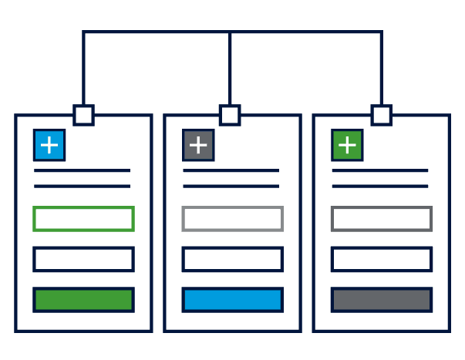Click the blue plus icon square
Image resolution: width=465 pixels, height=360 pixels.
(x=49, y=144)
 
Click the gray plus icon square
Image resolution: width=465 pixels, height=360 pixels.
(x=198, y=144)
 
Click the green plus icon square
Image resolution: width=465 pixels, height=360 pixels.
(x=347, y=144)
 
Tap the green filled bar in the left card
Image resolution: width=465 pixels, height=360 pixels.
(x=83, y=300)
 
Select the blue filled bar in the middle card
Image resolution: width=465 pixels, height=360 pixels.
(x=232, y=300)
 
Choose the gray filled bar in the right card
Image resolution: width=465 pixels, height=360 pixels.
(x=381, y=300)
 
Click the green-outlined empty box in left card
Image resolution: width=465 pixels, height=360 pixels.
(x=83, y=219)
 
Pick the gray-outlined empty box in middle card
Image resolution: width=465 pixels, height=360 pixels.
(x=232, y=219)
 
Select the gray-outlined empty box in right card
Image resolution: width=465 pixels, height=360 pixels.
(x=381, y=219)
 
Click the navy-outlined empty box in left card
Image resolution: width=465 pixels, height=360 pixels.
(x=83, y=259)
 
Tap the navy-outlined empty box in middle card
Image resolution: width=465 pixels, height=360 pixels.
(x=232, y=259)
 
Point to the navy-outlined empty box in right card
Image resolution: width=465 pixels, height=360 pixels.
(x=381, y=259)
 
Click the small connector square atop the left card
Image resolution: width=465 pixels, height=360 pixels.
(x=83, y=116)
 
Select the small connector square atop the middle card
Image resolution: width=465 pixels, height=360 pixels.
(x=230, y=116)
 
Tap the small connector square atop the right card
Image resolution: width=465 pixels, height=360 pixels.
(x=381, y=116)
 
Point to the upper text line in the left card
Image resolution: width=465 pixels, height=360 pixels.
(x=82, y=170)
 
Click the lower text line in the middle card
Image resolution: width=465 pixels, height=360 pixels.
(x=231, y=186)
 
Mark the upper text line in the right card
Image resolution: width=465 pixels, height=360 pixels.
(x=379, y=170)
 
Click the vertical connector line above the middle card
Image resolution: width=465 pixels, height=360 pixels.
(x=230, y=69)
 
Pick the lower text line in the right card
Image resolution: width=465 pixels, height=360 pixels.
(x=379, y=186)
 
